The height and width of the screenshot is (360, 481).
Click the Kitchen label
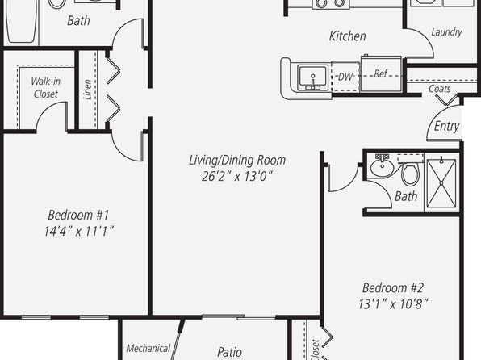point(348,36)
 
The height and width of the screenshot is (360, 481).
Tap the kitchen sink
point(313,77)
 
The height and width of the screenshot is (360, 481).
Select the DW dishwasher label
point(345,77)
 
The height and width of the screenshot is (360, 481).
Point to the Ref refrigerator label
point(381,73)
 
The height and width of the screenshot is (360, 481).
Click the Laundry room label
point(446,32)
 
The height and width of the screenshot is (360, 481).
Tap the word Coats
point(440,89)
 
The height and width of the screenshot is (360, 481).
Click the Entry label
point(446,126)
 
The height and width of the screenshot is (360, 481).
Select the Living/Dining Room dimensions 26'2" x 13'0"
point(237,176)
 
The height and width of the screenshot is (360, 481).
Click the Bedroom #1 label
point(78,215)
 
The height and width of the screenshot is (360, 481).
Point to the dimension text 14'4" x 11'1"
point(79,231)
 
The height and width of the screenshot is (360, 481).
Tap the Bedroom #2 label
point(393,288)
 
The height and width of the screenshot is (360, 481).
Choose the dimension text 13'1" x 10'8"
point(393,304)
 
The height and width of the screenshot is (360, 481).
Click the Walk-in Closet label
point(46,87)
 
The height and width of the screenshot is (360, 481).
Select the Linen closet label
point(88,90)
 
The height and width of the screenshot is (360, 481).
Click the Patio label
point(229,352)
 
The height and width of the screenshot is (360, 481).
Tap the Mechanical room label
point(148,349)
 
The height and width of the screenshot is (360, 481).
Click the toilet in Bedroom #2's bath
point(411,174)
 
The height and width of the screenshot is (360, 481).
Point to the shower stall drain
point(441,183)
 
